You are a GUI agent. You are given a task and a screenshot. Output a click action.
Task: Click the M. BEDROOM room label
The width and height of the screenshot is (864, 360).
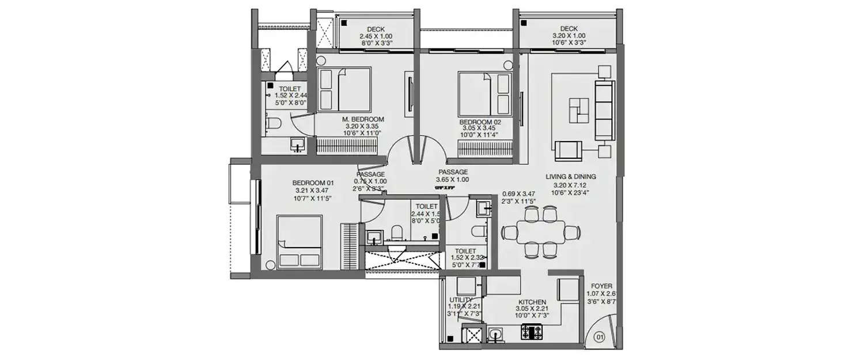[363, 119]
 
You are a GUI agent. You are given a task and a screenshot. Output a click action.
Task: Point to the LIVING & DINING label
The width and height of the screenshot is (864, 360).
[570, 177]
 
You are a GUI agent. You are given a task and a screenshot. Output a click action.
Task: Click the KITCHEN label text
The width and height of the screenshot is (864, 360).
[532, 302]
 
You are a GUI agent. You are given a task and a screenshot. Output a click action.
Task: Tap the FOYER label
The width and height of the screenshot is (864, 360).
[601, 286]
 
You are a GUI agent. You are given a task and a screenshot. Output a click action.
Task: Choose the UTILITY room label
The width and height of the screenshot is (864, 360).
[461, 300]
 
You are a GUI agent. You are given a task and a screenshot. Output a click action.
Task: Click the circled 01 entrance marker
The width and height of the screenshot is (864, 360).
[600, 336]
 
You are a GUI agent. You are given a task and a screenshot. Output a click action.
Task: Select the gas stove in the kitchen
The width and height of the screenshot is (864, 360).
[532, 332]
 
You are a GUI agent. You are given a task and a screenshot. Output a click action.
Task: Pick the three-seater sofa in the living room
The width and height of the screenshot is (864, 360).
[604, 109]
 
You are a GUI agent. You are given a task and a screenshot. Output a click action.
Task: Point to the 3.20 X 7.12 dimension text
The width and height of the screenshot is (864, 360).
[570, 185]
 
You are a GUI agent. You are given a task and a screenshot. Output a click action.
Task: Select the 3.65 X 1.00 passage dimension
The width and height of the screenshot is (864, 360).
[452, 180]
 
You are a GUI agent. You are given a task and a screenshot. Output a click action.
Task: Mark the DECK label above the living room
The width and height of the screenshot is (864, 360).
[569, 28]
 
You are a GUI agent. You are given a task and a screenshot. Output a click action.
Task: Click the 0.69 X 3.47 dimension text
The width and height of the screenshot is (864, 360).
[519, 194]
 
